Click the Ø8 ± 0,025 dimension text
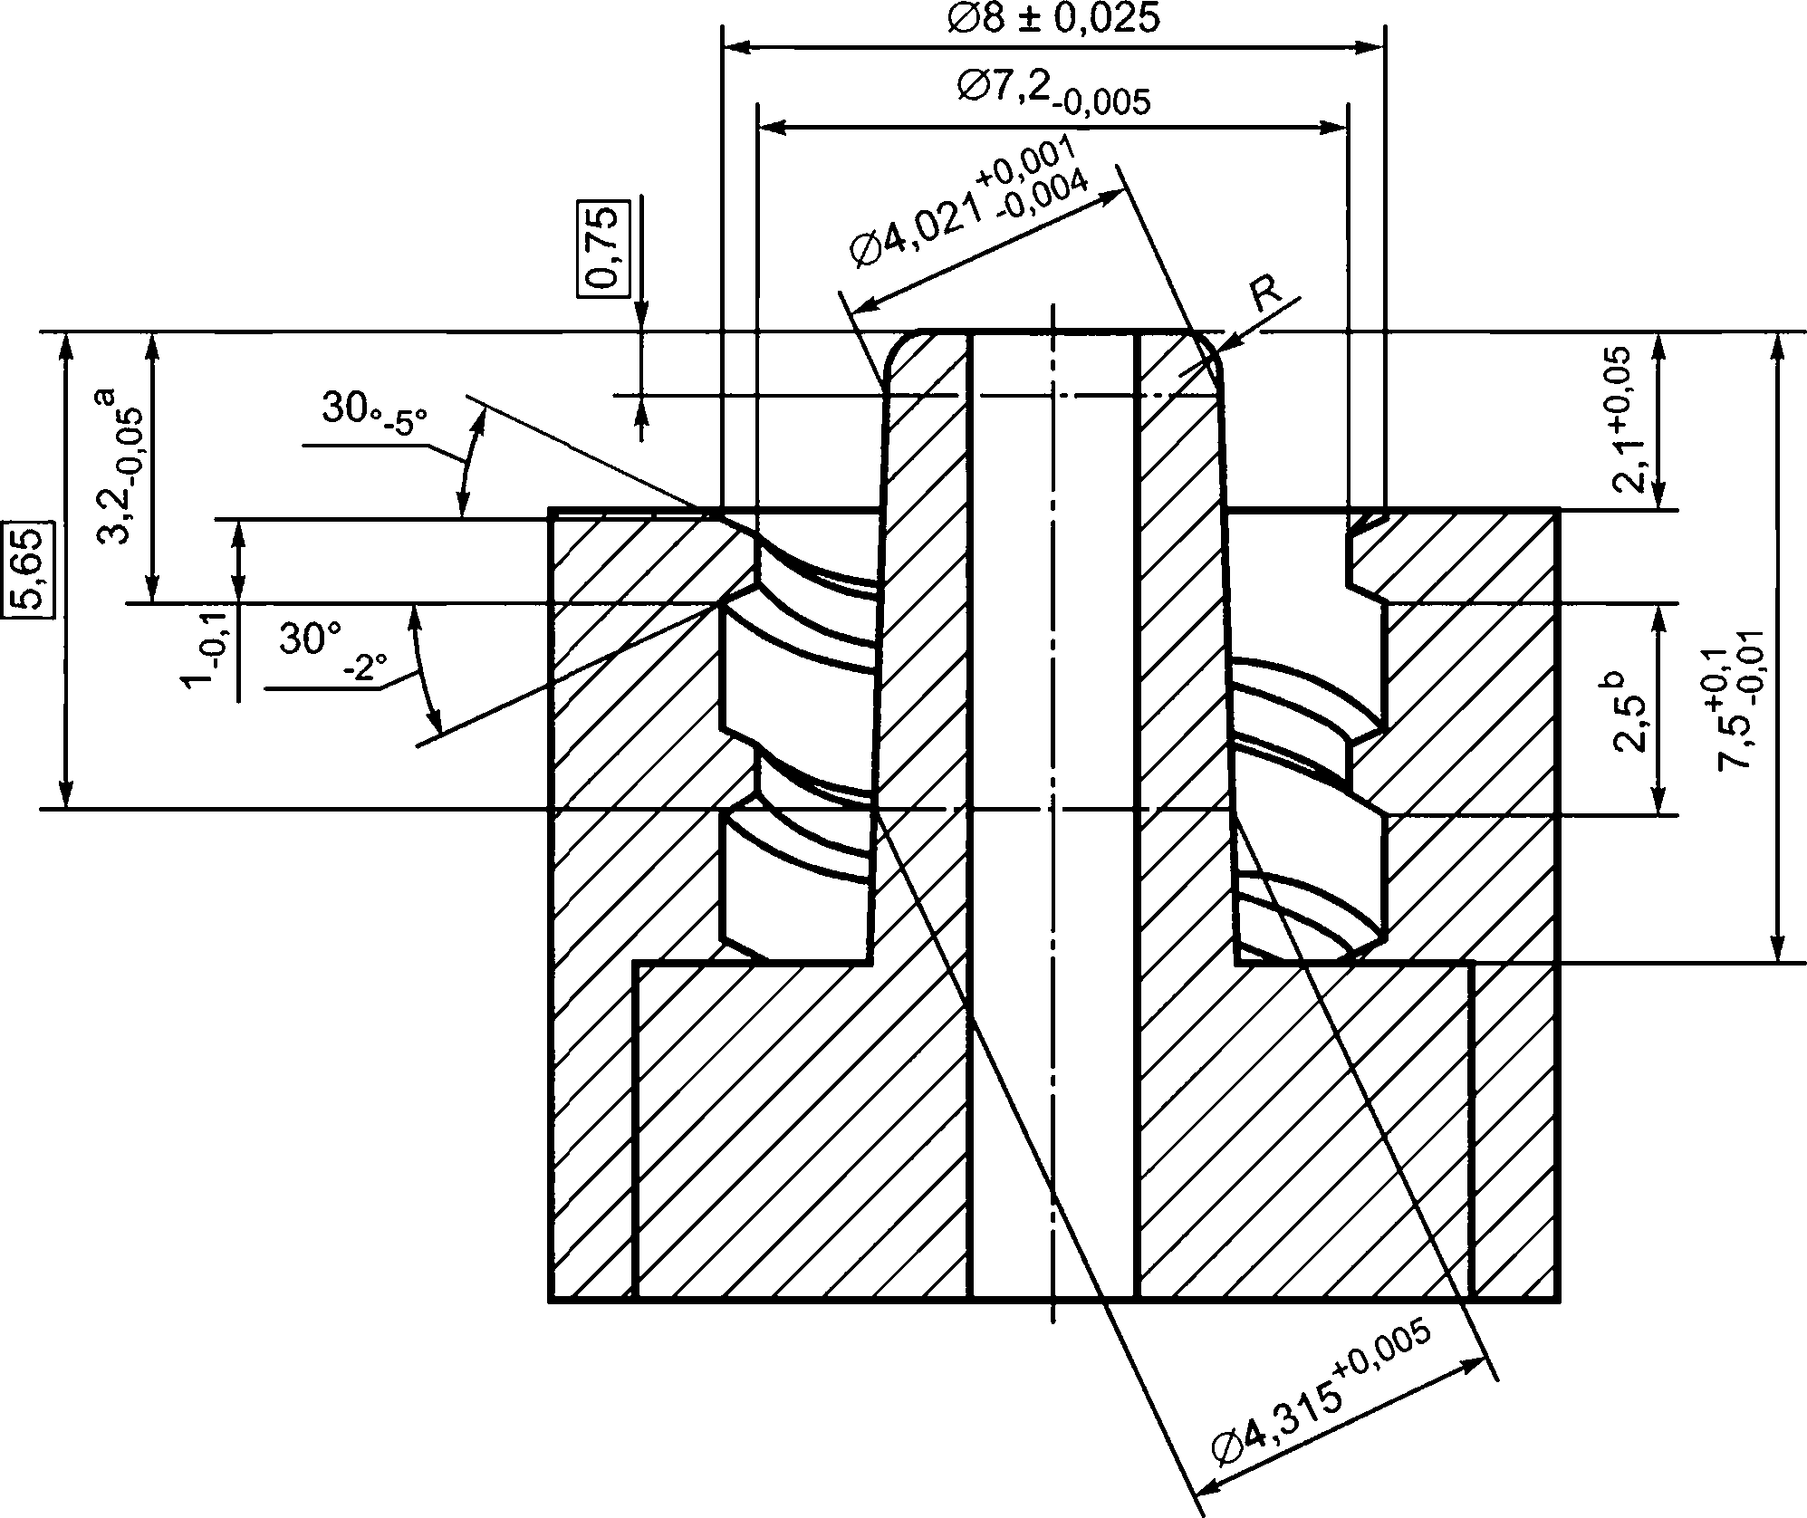click(x=1053, y=17)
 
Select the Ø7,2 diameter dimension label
click(x=1053, y=92)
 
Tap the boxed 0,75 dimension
click(x=601, y=247)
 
